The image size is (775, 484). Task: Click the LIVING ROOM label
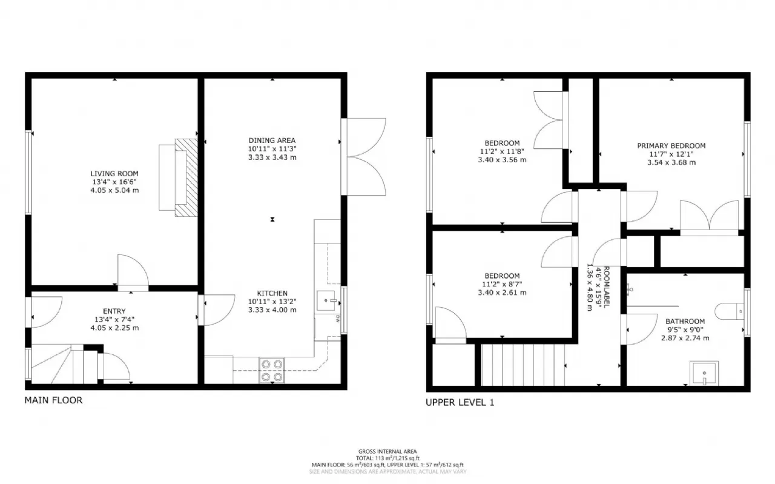(x=114, y=174)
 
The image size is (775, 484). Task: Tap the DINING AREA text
(x=272, y=141)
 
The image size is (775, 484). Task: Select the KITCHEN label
(x=272, y=293)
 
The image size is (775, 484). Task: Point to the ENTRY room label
(x=114, y=311)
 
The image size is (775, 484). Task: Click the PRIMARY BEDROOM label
(x=671, y=146)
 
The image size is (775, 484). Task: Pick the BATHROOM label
(x=685, y=322)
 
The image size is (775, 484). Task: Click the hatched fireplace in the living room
(x=186, y=177)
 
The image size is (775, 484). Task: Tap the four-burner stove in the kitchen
(x=272, y=370)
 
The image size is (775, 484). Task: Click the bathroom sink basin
(x=704, y=374)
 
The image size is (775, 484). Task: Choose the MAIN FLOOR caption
(x=53, y=400)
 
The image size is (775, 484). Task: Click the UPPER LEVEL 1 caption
(x=460, y=402)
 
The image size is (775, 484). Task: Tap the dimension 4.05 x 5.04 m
(x=114, y=190)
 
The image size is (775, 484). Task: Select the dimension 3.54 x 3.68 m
(x=671, y=162)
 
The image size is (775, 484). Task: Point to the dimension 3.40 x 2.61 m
(x=502, y=293)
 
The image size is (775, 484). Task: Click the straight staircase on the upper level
(x=523, y=365)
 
